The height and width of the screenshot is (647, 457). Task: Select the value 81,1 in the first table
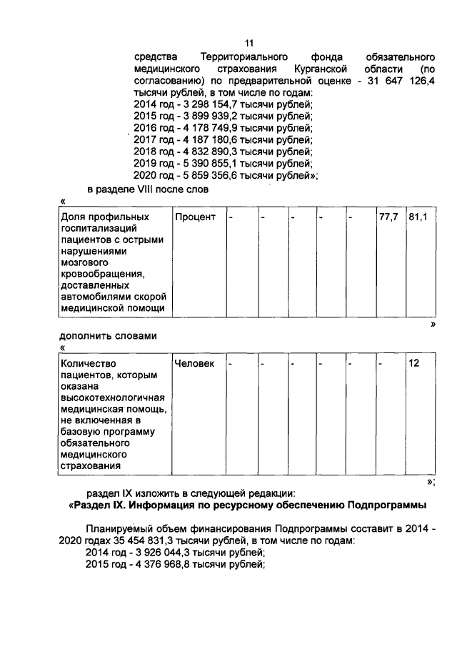[x=418, y=217]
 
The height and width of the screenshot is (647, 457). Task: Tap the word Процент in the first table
[x=194, y=217]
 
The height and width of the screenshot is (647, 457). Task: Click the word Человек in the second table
[x=194, y=363]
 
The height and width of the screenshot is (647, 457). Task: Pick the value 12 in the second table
[x=414, y=363]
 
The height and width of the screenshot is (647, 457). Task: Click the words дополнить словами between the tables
[x=107, y=336]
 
